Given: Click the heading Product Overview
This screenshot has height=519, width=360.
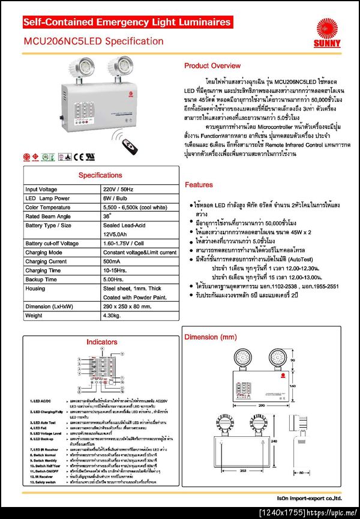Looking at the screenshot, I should (212, 65).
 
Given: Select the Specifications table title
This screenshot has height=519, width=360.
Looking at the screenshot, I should (100, 175).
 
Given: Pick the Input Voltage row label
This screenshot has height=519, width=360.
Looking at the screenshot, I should (41, 189).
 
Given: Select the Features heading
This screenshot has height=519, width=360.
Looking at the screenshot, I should (199, 185).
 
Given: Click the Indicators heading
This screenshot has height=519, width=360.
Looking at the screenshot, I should (101, 341).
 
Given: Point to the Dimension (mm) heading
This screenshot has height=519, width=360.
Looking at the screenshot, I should (211, 337).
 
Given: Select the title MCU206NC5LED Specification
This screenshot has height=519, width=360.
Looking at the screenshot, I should (93, 41).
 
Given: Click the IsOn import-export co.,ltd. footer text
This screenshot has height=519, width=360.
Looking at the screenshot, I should (308, 497).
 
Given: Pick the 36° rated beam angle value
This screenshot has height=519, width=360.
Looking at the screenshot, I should (107, 216).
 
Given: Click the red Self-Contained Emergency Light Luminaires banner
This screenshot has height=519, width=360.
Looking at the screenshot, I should (127, 23).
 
